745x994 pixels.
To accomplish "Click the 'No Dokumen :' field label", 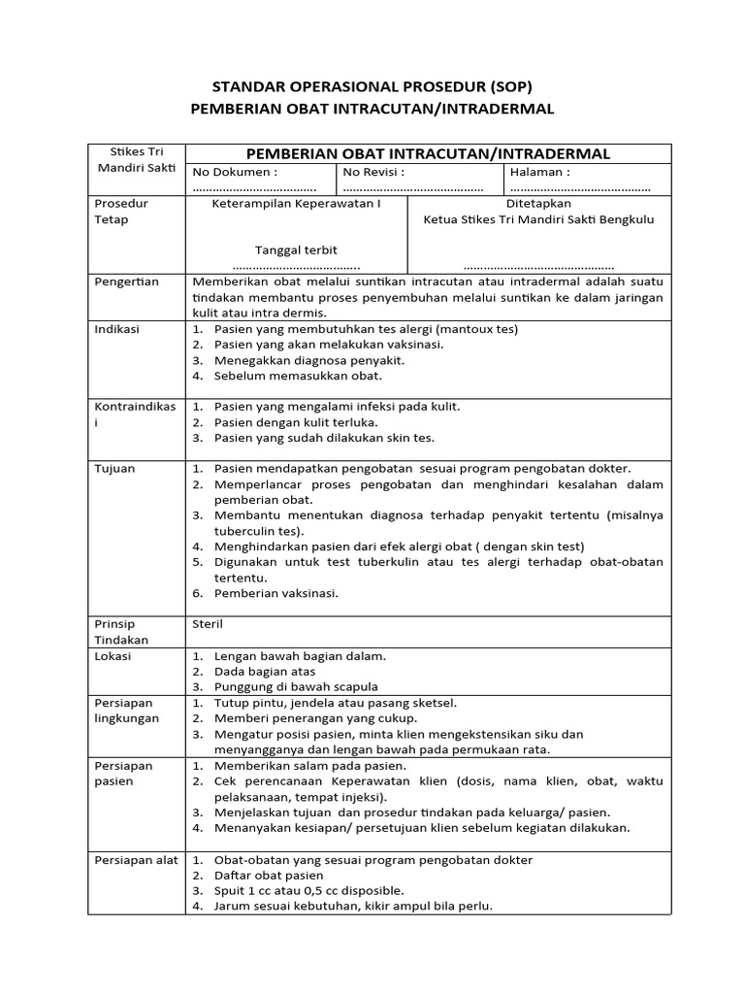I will [x=235, y=172].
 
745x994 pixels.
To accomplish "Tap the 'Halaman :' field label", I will [x=540, y=172].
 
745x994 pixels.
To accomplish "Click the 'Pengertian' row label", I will [x=126, y=282].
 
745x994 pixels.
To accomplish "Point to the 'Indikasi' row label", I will [x=116, y=329].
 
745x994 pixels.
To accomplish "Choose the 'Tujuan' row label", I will [x=114, y=468].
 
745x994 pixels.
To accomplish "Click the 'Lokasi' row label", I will [x=113, y=655].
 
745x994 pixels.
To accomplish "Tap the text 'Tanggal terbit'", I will [x=296, y=250].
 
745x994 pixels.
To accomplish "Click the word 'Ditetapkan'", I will [x=538, y=204].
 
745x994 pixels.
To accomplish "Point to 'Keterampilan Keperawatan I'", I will [x=296, y=204].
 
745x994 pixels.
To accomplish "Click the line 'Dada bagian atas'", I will [x=264, y=671].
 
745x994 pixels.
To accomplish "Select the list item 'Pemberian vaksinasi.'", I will [x=276, y=593].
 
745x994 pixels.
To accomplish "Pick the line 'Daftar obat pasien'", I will [x=269, y=876].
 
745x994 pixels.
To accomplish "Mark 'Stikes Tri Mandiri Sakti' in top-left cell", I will [x=135, y=160].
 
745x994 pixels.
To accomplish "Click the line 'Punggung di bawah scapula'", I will [x=296, y=686].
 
